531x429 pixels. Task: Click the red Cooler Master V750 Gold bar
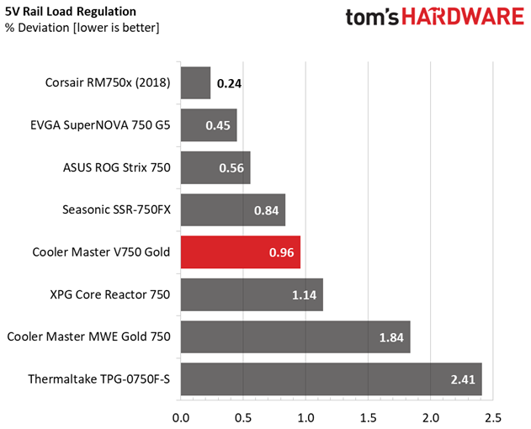241,252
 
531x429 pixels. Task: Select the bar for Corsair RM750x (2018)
195,83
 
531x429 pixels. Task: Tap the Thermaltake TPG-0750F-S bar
332,379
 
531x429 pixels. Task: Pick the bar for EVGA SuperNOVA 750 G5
209,125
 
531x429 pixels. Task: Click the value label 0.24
229,83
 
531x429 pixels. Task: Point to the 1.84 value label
391,337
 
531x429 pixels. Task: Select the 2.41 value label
463,379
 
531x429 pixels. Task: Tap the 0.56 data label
231,168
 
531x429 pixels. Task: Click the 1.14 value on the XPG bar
305,295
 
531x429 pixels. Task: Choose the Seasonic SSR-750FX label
116,210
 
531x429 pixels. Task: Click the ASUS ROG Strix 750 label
117,167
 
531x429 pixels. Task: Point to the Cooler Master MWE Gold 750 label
88,336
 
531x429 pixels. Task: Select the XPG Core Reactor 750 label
110,294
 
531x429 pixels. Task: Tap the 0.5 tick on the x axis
243,418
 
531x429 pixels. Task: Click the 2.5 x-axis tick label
493,418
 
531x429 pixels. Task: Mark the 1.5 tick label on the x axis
368,418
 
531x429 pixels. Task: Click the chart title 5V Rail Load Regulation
71,12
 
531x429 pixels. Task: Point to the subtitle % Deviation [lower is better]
82,28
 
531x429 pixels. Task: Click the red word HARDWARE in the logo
463,17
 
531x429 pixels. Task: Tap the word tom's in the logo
372,18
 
